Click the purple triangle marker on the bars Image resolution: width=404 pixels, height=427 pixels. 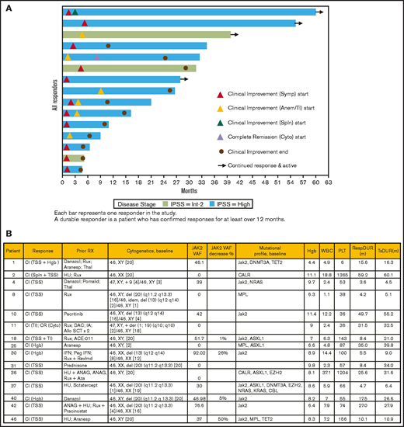tap(96, 57)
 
